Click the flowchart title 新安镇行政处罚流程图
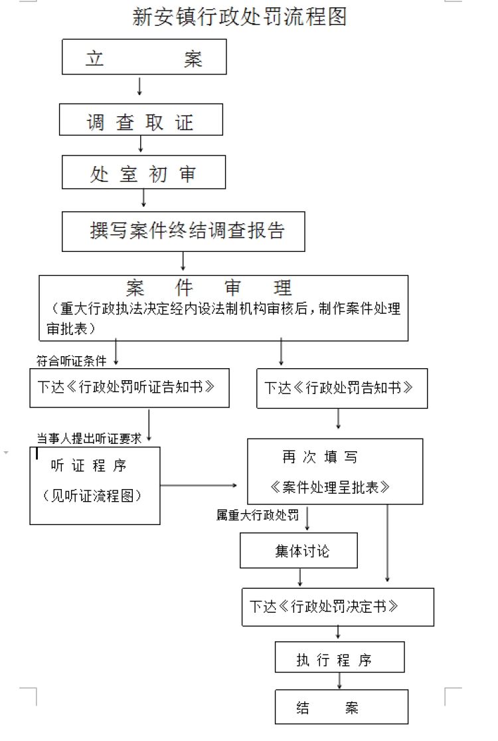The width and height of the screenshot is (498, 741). (x=239, y=17)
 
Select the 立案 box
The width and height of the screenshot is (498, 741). (x=144, y=56)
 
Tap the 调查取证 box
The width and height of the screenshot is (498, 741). (x=141, y=120)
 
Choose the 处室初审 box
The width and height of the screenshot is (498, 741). (x=143, y=173)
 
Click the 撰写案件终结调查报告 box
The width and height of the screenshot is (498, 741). (x=183, y=231)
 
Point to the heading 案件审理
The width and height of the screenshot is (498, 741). (x=208, y=287)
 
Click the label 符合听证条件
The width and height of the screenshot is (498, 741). (x=71, y=361)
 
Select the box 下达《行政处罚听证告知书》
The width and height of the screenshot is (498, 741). (x=129, y=388)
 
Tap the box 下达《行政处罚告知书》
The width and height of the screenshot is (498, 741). (x=342, y=389)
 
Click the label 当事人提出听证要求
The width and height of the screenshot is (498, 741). (x=89, y=439)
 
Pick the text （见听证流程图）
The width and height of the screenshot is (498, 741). (x=92, y=496)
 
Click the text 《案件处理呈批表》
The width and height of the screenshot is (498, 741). (x=330, y=487)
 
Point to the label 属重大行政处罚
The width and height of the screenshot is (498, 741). (x=257, y=515)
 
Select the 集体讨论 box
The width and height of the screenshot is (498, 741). (x=298, y=550)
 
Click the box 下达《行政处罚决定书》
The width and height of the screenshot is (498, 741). (x=337, y=607)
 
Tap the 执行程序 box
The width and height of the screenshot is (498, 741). (x=339, y=657)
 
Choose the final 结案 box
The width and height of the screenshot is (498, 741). (x=341, y=706)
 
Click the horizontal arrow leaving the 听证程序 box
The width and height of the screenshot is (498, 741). (x=199, y=485)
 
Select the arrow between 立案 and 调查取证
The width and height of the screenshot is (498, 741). (x=139, y=86)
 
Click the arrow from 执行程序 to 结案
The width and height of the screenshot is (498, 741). (x=339, y=681)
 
